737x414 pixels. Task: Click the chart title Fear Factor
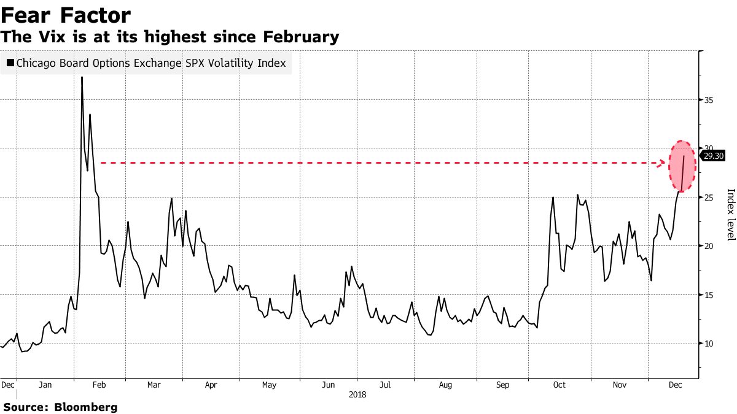click(x=66, y=15)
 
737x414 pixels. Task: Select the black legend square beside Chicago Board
click(x=10, y=63)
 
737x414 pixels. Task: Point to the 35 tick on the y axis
click(x=708, y=99)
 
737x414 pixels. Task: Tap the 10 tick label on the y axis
click(x=708, y=343)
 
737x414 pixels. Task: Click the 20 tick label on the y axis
click(x=708, y=246)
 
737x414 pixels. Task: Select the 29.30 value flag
click(x=713, y=156)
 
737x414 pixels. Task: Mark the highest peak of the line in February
click(x=82, y=77)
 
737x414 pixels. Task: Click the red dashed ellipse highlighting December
click(x=682, y=166)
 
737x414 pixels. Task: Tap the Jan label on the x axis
click(x=45, y=385)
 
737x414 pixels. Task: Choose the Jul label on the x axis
click(x=385, y=385)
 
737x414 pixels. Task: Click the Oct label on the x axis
click(x=560, y=385)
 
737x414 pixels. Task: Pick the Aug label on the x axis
click(x=446, y=385)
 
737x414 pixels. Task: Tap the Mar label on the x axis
click(x=154, y=385)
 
